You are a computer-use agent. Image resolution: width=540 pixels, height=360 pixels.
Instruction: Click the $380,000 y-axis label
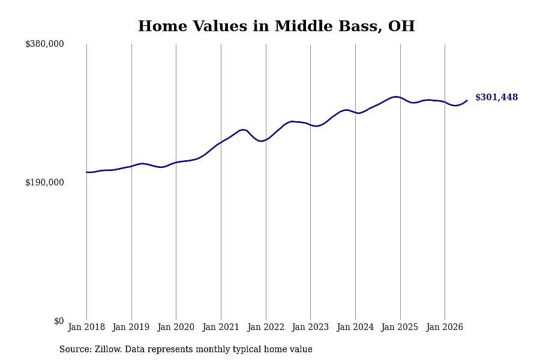pyautogui.click(x=44, y=44)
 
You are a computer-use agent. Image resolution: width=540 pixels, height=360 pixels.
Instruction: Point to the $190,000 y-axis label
pyautogui.click(x=44, y=182)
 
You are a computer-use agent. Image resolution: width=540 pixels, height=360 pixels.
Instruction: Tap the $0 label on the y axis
pyautogui.click(x=59, y=321)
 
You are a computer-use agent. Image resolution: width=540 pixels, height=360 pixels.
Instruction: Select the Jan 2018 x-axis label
pyautogui.click(x=86, y=327)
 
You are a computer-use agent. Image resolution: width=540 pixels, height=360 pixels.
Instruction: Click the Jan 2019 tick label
pyautogui.click(x=131, y=327)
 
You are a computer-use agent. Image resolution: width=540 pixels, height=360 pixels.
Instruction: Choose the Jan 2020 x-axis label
pyautogui.click(x=176, y=327)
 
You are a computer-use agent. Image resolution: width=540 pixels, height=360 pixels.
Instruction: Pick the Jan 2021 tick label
pyautogui.click(x=220, y=327)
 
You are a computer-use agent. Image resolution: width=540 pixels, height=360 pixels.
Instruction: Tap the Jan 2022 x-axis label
pyautogui.click(x=266, y=327)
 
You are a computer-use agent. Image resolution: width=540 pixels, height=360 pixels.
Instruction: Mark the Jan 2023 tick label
pyautogui.click(x=310, y=327)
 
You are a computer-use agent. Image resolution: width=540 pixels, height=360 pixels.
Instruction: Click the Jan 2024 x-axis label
pyautogui.click(x=355, y=327)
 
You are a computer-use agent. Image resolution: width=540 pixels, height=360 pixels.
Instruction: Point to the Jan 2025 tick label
pyautogui.click(x=400, y=327)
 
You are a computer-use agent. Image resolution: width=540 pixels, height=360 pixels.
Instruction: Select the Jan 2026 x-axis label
pyautogui.click(x=445, y=327)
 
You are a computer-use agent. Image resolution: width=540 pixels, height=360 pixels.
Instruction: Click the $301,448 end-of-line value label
pyautogui.click(x=497, y=97)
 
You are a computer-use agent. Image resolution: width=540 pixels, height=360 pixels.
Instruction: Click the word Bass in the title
pyautogui.click(x=360, y=26)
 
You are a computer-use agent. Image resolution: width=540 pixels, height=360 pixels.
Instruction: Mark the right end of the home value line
pyautogui.click(x=467, y=100)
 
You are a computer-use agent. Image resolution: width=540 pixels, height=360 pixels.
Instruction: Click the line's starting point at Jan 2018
pyautogui.click(x=86, y=172)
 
